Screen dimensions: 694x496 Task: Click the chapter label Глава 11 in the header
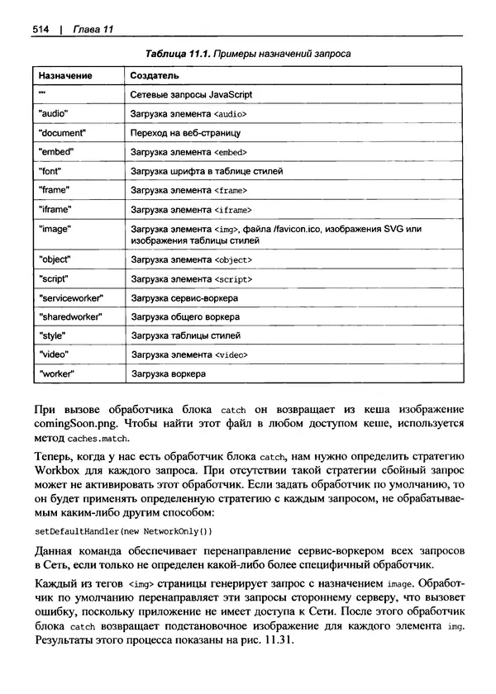[x=91, y=30]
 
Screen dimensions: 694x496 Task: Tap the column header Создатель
[x=155, y=76]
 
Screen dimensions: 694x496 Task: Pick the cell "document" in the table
[x=62, y=133]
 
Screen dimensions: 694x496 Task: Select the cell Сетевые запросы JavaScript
[x=191, y=95]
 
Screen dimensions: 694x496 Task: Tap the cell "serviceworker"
[x=69, y=297]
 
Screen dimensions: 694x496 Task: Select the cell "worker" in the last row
[x=57, y=373]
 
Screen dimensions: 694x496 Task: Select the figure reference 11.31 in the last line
[x=275, y=643]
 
